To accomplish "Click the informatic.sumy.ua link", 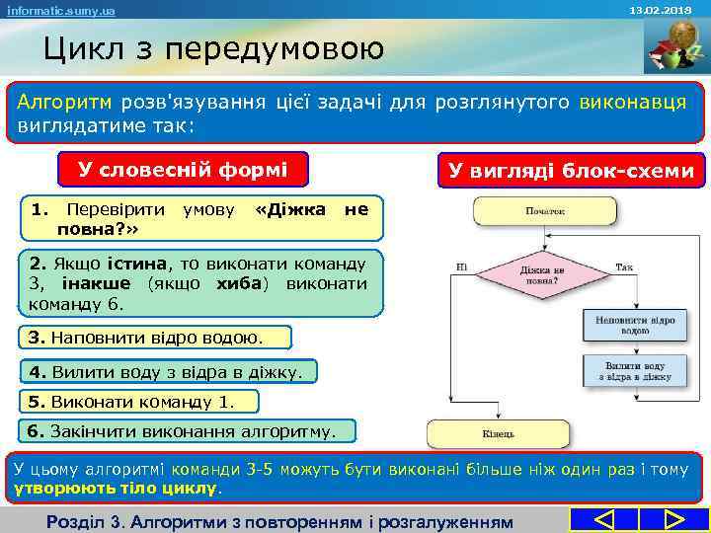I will [x=60, y=10].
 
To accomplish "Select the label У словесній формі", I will [x=184, y=170].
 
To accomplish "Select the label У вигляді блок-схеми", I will [x=571, y=171].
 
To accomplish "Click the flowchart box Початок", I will [x=545, y=210].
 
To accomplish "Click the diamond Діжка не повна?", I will [x=544, y=273].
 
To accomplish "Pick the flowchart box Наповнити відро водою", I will [x=635, y=325].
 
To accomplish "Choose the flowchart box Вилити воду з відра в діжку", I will [x=635, y=371].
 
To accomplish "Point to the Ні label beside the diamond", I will [x=461, y=266].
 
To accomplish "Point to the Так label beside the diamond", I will [x=623, y=266].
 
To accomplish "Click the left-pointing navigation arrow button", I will [x=604, y=519].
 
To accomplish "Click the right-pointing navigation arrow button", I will [x=674, y=519].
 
